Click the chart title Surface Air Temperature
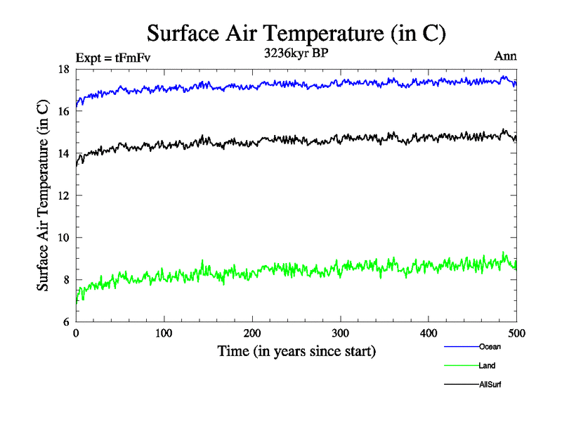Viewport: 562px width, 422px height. click(296, 33)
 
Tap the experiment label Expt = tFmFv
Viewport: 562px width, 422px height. click(112, 58)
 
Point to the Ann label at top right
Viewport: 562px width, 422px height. click(506, 56)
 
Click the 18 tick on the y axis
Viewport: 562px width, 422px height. click(63, 69)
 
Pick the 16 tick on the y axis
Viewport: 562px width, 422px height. click(63, 111)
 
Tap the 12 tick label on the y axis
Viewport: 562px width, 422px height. click(63, 196)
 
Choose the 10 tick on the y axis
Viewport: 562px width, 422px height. click(63, 238)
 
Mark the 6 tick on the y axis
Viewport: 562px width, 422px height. click(65, 322)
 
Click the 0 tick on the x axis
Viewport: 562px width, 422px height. click(76, 333)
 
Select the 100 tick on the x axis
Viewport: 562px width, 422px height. click(164, 333)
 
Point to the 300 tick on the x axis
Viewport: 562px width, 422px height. click(340, 333)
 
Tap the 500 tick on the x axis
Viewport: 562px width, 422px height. click(516, 333)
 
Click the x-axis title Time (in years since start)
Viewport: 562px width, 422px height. click(296, 351)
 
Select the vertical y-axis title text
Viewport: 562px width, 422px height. click(43, 196)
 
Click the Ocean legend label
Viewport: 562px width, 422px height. click(490, 347)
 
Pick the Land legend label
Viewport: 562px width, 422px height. click(487, 366)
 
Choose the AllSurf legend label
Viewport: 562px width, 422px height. click(490, 385)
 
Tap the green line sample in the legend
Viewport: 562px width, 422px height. click(461, 366)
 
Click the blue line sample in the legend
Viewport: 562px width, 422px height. click(461, 347)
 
